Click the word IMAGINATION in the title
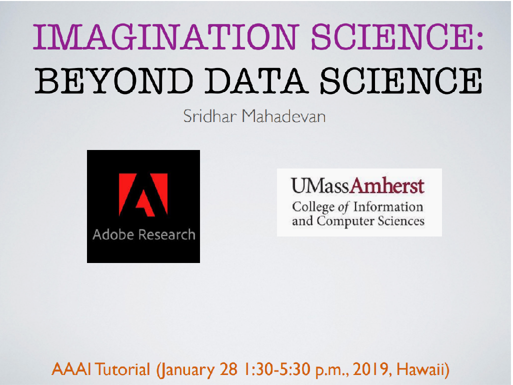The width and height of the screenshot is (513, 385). (166, 36)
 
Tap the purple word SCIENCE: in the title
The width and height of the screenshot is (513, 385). (397, 36)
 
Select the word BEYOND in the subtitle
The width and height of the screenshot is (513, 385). (114, 80)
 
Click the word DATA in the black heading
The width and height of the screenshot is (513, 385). (256, 80)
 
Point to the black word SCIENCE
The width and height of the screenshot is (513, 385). (401, 80)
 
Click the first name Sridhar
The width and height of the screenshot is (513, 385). (209, 116)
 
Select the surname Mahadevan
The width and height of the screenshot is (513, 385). (284, 116)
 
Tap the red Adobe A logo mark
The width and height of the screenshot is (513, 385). (143, 194)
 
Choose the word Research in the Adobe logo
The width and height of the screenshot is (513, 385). (167, 234)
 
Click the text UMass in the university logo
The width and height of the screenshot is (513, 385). (320, 186)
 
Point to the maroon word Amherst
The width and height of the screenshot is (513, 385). (387, 186)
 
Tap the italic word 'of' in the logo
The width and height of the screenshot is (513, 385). (343, 207)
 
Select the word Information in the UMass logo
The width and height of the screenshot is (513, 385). (388, 206)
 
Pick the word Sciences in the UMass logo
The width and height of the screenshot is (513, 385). (401, 221)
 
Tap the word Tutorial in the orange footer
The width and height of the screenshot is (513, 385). (122, 369)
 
